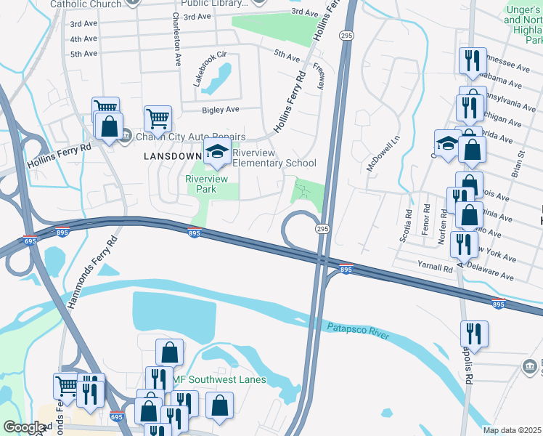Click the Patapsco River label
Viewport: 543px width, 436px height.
pos(358,332)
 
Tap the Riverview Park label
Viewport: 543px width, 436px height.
pos(207,184)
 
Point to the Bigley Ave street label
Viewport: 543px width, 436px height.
pos(221,110)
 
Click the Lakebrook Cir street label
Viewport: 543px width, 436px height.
pos(210,69)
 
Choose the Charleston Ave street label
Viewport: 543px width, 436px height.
pos(176,40)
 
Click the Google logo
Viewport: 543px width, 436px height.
pos(25,427)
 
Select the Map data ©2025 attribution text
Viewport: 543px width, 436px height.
pos(511,430)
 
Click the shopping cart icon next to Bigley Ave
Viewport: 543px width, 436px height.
pos(158,117)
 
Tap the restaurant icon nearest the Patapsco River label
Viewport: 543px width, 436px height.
pos(474,334)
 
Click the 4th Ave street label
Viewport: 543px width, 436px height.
pos(83,39)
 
